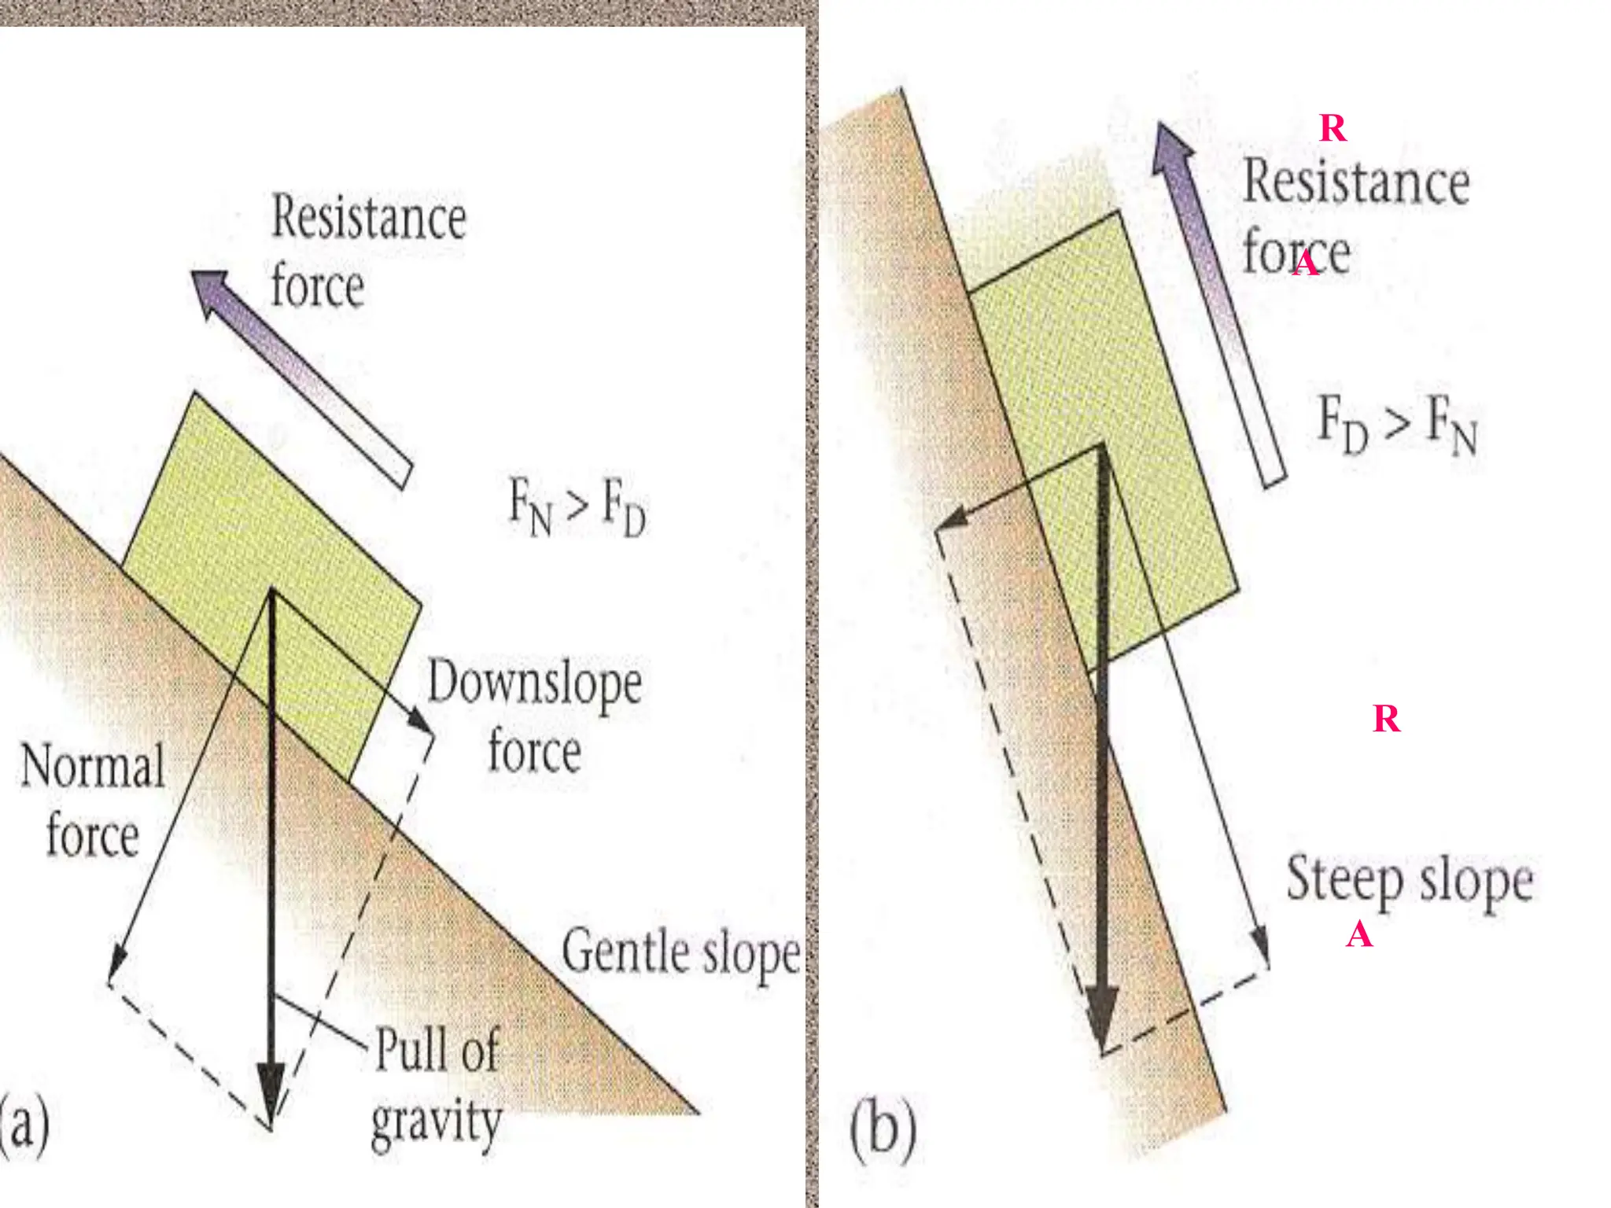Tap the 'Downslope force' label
coord(534,716)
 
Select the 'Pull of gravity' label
coord(437,1085)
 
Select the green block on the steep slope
coord(1101,440)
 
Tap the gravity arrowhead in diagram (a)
coord(271,1093)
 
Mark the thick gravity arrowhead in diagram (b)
coord(1103,1018)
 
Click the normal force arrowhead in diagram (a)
coord(116,963)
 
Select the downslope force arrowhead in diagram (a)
coord(421,720)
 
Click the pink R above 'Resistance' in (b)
coord(1333,128)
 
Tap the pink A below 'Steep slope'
coord(1359,936)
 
